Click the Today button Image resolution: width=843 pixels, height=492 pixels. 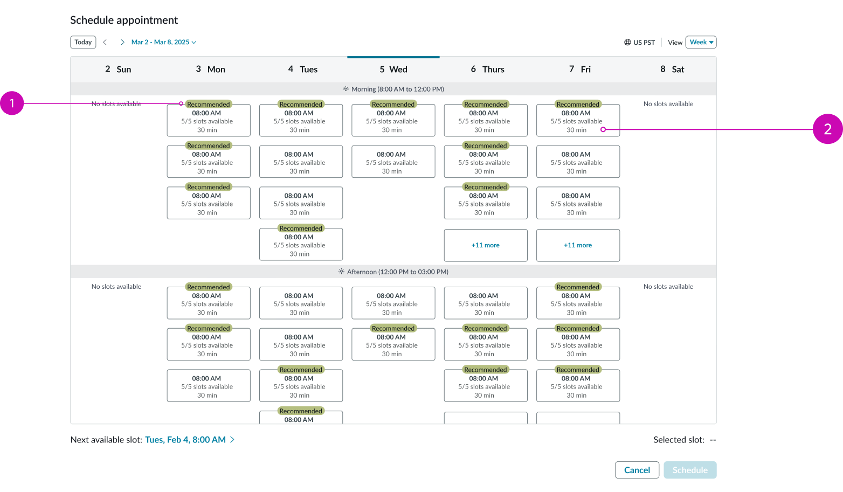(x=83, y=42)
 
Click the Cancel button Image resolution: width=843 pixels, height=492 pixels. (x=637, y=470)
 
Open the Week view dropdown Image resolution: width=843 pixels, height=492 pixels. (x=701, y=42)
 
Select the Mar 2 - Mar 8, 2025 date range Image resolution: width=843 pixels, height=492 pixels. (x=163, y=42)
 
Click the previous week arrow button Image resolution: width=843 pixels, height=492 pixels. (x=105, y=42)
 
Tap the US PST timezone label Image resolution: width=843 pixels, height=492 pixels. (x=640, y=43)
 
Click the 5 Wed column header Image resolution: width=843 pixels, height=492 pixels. (x=393, y=69)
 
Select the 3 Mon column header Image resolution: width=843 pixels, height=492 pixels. (x=210, y=69)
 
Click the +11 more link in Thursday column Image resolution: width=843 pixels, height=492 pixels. (x=486, y=245)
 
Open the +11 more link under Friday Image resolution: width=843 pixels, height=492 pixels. (x=578, y=245)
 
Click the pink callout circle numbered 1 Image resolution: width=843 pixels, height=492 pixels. (x=12, y=103)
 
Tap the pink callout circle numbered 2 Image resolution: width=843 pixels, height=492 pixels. (x=827, y=129)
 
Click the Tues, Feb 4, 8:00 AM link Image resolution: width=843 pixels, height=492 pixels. (x=185, y=440)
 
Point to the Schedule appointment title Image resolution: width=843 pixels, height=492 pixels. (x=124, y=20)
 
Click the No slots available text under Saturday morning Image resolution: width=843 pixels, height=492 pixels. (x=668, y=104)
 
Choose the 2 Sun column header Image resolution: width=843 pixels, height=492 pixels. (x=118, y=69)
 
